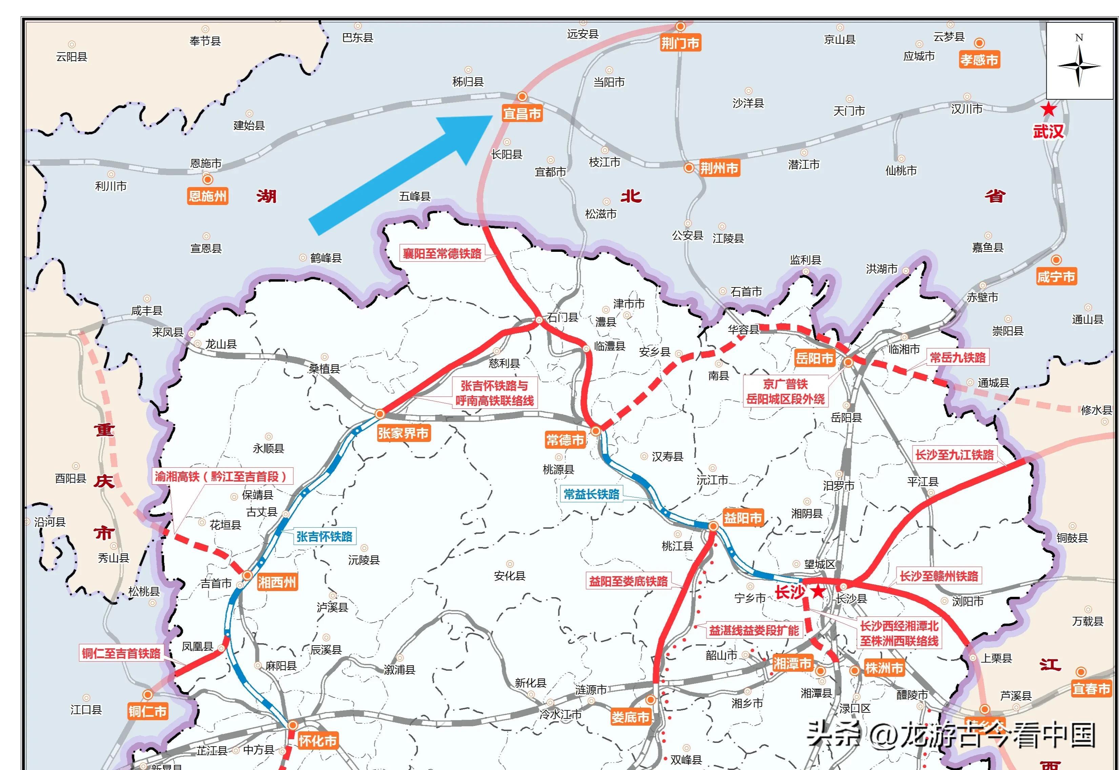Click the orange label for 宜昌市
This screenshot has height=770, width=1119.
pyautogui.click(x=522, y=114)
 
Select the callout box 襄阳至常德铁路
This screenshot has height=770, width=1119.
pyautogui.click(x=442, y=253)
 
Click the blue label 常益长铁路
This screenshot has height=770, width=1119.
pyautogui.click(x=591, y=494)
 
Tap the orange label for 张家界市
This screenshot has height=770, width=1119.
pyautogui.click(x=403, y=433)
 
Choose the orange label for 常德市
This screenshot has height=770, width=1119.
pyautogui.click(x=565, y=440)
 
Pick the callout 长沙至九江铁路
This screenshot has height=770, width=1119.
pyautogui.click(x=955, y=454)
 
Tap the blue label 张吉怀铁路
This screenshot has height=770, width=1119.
pyautogui.click(x=324, y=536)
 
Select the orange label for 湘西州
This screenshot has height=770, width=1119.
pyautogui.click(x=277, y=582)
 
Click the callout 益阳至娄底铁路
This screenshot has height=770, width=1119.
pyautogui.click(x=628, y=581)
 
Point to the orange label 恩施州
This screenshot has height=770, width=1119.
pyautogui.click(x=207, y=196)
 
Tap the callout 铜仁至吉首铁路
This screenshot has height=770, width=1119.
pyautogui.click(x=121, y=653)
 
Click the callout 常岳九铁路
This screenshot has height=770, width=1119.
pyautogui.click(x=957, y=358)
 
